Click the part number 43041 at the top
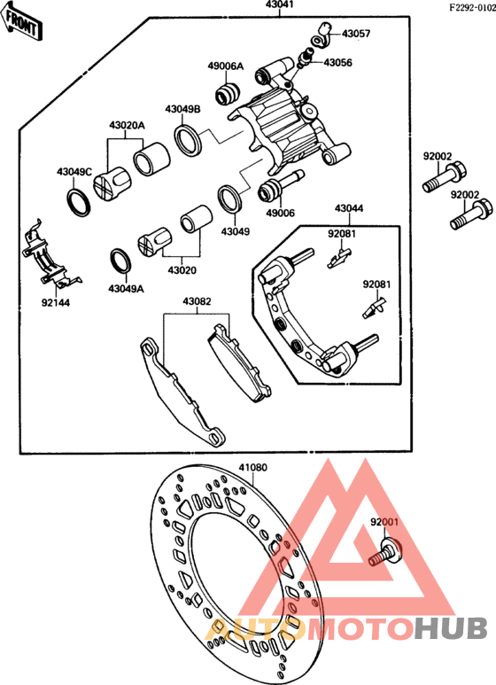(x=280, y=5)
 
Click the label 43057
(x=356, y=34)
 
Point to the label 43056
(x=337, y=63)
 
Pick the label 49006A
(x=225, y=66)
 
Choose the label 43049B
(x=182, y=109)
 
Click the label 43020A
(x=127, y=126)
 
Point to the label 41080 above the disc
(x=252, y=467)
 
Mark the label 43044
(x=348, y=209)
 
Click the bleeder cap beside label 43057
(x=322, y=35)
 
